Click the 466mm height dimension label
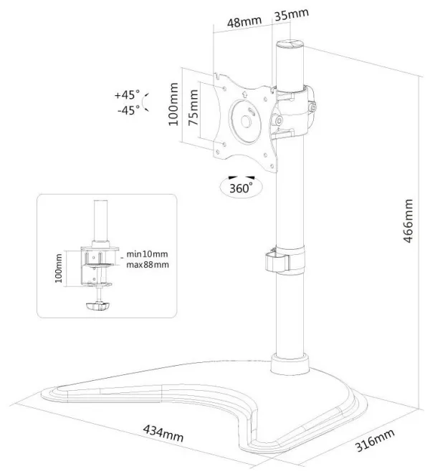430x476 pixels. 408,220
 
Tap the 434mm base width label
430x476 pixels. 163,433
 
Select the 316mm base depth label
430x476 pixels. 375,440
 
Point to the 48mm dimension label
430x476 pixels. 244,21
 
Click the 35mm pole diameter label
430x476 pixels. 292,14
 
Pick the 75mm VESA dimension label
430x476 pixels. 193,107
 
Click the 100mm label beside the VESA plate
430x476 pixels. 173,104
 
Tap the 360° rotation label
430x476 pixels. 241,188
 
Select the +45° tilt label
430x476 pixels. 128,94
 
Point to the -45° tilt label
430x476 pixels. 129,110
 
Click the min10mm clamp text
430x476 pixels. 147,254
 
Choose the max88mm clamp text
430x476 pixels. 148,264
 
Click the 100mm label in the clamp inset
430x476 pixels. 59,268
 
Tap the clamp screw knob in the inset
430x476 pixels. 98,306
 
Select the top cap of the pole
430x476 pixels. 290,44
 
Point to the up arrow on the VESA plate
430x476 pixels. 244,94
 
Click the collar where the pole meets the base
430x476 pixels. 290,364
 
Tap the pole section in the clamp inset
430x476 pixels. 101,220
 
